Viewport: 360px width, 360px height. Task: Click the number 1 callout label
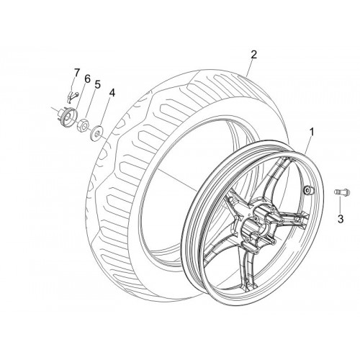click(312, 132)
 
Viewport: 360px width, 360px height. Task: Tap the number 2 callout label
click(253, 55)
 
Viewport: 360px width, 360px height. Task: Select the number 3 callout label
click(341, 219)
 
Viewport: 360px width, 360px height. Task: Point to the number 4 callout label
click(112, 93)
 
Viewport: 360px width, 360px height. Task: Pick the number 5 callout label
click(97, 84)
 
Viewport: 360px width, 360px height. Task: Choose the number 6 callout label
click(87, 78)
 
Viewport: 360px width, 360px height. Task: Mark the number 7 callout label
click(76, 73)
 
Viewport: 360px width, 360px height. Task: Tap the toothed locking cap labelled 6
click(68, 116)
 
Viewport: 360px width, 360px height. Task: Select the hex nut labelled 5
click(84, 125)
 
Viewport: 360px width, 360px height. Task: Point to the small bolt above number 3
click(342, 192)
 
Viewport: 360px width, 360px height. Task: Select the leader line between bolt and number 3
click(341, 204)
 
